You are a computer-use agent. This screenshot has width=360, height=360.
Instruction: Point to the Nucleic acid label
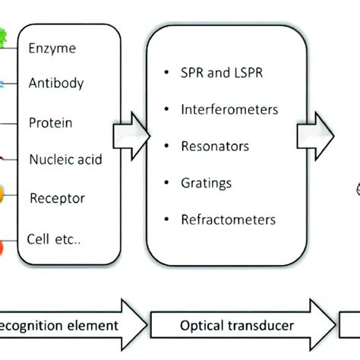click(65, 159)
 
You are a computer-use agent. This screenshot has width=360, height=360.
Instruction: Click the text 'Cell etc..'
click(54, 238)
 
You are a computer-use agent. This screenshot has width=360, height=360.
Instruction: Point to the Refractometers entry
click(228, 220)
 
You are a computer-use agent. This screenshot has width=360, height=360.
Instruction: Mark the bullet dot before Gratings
click(166, 184)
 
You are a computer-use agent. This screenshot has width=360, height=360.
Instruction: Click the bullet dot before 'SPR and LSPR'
click(166, 74)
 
